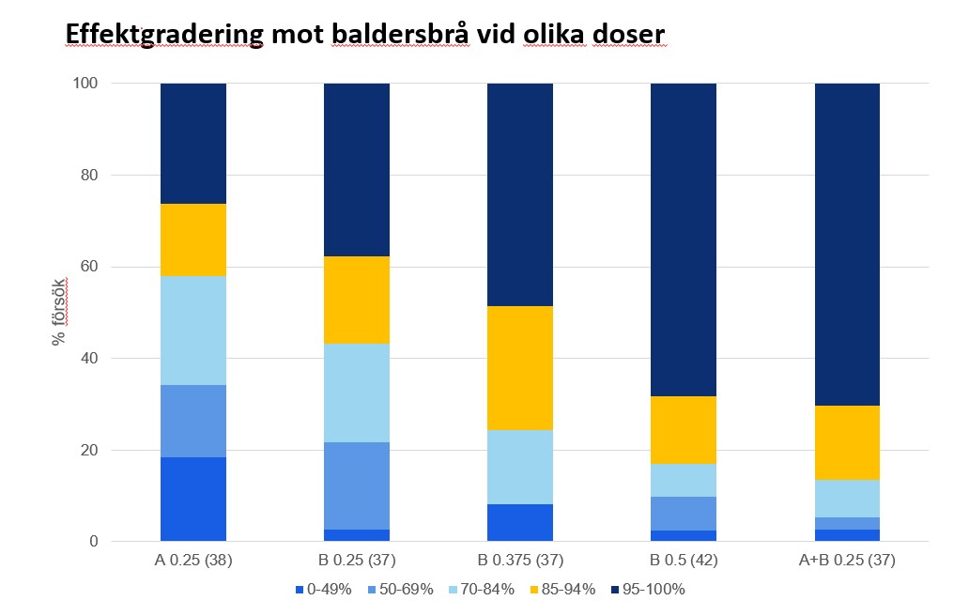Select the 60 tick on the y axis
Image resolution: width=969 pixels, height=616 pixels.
pyautogui.click(x=88, y=267)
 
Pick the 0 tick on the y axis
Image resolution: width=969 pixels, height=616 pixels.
pyautogui.click(x=92, y=542)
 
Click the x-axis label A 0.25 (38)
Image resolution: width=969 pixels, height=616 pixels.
pyautogui.click(x=193, y=561)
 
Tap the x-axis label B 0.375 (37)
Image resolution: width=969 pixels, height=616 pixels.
pyautogui.click(x=519, y=561)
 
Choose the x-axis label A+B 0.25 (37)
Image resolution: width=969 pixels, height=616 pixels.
pyautogui.click(x=846, y=561)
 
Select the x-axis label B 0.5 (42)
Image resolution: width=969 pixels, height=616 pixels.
pyautogui.click(x=683, y=561)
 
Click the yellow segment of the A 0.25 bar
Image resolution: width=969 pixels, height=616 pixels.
pyautogui.click(x=193, y=239)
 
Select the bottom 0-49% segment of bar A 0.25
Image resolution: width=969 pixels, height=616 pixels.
pyautogui.click(x=193, y=500)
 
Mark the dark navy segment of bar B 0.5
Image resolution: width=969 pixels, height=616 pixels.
pyautogui.click(x=684, y=239)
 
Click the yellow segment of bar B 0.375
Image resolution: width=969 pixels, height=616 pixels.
pyautogui.click(x=520, y=368)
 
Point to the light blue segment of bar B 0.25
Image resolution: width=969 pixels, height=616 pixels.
pyautogui.click(x=357, y=393)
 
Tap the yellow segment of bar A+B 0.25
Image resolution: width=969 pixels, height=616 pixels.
pyautogui.click(x=847, y=442)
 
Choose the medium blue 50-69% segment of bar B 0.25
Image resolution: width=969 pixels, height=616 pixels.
pyautogui.click(x=357, y=485)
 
